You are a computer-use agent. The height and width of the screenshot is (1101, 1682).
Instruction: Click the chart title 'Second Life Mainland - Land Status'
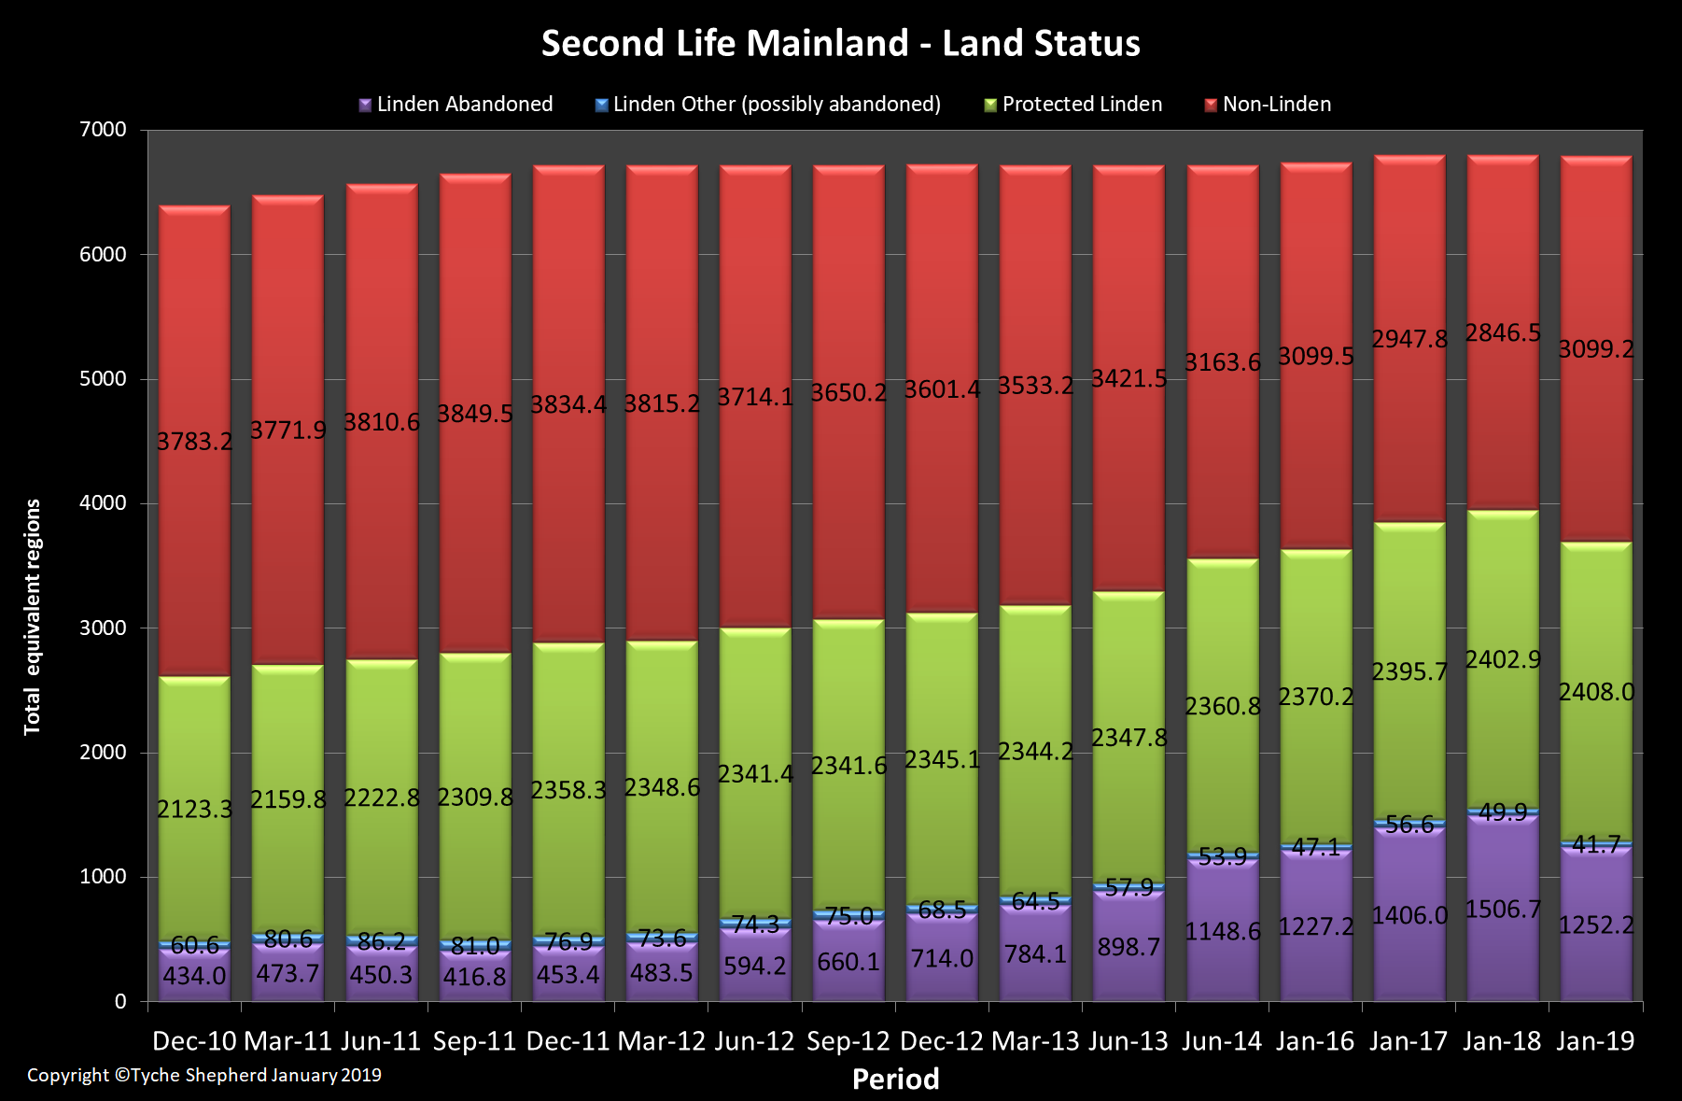[840, 44]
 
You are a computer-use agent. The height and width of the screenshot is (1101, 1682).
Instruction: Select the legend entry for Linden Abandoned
[456, 105]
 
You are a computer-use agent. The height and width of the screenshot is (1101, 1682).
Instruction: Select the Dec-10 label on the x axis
[194, 1041]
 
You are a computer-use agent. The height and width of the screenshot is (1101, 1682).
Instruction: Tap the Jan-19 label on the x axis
[1595, 1041]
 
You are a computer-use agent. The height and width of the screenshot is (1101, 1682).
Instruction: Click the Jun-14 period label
[1222, 1041]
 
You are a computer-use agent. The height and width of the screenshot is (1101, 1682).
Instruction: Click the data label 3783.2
[194, 442]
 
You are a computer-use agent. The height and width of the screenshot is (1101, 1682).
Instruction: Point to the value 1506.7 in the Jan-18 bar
[1503, 910]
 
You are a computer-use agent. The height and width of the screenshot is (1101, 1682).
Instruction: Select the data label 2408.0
[1596, 692]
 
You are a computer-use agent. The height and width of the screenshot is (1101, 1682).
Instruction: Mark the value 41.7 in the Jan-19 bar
[1596, 845]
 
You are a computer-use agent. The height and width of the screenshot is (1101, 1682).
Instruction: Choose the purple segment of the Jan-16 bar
[1315, 971]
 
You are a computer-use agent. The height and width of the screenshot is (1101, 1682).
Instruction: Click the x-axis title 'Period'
[895, 1080]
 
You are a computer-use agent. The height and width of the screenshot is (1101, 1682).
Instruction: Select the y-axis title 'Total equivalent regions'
[33, 616]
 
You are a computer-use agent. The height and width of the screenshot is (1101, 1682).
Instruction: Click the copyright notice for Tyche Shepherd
[204, 1075]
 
